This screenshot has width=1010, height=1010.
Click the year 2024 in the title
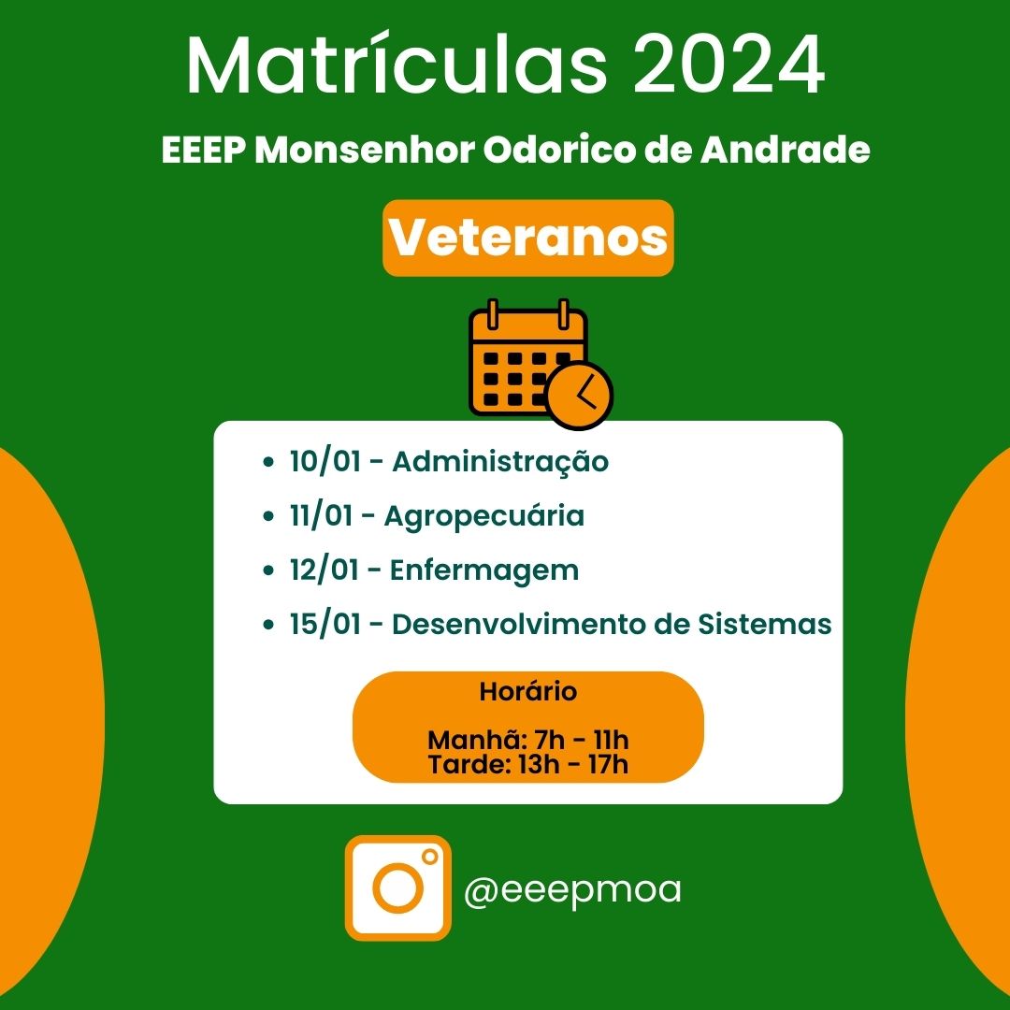point(729,65)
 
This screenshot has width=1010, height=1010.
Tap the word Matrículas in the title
point(397,65)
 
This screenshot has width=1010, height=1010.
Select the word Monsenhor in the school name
point(365,151)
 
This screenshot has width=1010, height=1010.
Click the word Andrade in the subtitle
point(786,151)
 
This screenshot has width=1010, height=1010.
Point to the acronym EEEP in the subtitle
point(203,151)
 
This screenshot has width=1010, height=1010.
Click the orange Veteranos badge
point(528,238)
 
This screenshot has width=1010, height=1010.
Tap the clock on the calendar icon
point(580,396)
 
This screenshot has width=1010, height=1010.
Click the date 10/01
point(325,462)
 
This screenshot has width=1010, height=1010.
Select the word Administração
point(500,463)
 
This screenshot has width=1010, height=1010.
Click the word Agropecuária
point(484,517)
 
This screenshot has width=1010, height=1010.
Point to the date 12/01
point(324,570)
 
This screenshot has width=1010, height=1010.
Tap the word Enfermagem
point(484,571)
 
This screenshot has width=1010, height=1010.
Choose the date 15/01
point(325,625)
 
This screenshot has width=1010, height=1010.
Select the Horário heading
point(528,691)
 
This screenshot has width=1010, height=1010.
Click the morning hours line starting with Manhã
point(528,740)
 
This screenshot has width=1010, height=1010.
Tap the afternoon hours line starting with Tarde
point(528,765)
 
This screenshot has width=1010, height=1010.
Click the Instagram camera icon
point(398,887)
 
